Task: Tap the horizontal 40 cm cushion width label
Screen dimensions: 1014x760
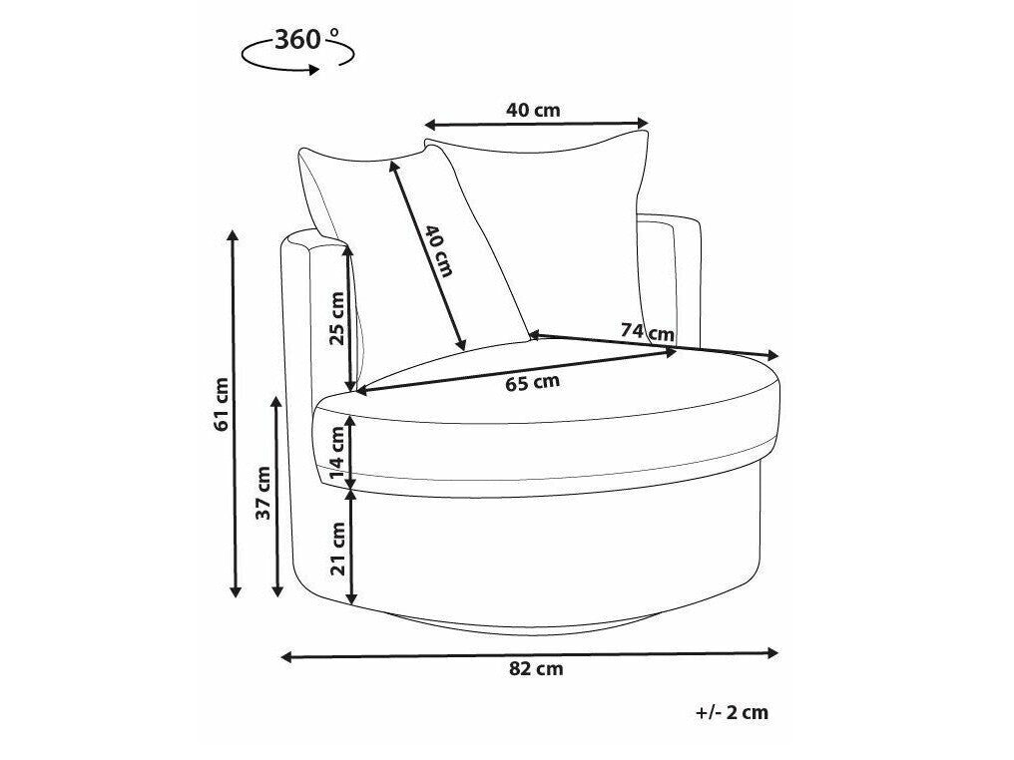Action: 533,110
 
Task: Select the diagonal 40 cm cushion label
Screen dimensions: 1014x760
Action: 439,250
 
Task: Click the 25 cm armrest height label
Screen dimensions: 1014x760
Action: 337,318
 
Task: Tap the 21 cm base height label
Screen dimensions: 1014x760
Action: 337,548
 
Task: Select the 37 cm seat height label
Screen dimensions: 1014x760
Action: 263,493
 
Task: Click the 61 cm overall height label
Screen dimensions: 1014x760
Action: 222,404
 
